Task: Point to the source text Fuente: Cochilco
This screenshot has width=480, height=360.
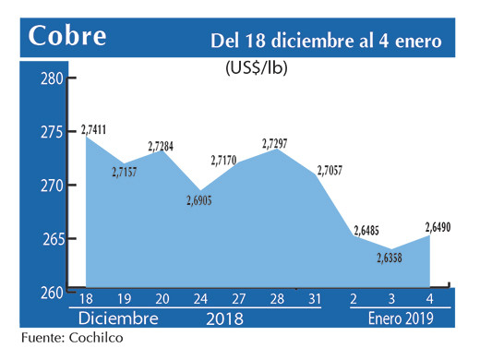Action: click(71, 339)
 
